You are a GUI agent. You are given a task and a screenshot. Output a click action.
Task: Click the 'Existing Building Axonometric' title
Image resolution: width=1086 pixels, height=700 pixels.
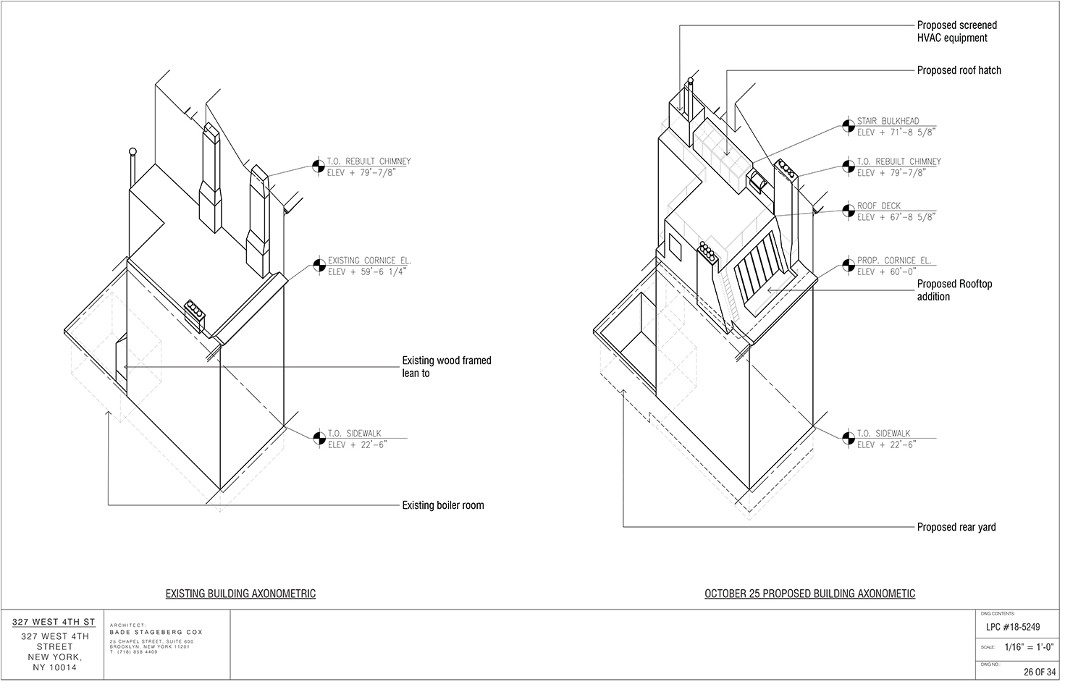point(240,594)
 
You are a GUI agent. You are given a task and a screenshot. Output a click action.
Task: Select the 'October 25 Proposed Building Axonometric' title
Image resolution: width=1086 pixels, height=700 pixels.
point(809,594)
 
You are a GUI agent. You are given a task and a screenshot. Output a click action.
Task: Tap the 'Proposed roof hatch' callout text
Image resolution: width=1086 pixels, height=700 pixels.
point(959,70)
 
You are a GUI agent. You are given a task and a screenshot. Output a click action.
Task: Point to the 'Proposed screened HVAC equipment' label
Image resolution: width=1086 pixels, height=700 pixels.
point(956,31)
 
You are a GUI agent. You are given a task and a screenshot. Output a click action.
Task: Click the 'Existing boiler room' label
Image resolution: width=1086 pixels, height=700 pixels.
point(443,505)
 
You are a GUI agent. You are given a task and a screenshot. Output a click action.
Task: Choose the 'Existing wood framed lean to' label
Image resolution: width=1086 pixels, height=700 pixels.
point(446,366)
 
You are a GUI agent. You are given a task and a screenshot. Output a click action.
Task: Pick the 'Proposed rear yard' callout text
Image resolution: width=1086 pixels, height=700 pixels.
point(956,527)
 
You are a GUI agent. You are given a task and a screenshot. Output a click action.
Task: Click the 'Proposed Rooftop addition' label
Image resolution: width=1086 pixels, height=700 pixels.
point(954,290)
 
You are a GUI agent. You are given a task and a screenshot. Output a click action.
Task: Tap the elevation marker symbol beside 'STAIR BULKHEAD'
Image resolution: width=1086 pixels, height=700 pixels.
point(847,126)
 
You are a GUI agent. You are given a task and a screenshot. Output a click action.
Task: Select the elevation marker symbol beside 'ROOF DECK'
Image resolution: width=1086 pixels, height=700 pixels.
point(847,211)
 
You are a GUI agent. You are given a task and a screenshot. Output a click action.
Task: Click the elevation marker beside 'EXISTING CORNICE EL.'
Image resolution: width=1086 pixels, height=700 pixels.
point(318,266)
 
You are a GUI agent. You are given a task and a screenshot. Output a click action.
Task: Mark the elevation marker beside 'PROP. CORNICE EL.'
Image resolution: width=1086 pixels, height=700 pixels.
point(847,266)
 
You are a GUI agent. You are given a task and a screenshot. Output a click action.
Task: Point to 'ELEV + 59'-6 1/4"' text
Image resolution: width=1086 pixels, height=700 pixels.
point(368,272)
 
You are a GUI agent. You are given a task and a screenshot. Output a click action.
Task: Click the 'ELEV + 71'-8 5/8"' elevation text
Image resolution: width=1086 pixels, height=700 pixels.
point(896,132)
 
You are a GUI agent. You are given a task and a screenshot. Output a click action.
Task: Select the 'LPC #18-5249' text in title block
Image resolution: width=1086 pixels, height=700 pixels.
point(1013,628)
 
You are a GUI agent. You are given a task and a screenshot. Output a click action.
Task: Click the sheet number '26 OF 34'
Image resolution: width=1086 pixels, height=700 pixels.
point(1040,672)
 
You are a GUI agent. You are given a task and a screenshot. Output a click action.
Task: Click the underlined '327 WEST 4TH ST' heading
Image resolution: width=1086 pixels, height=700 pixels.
point(54,622)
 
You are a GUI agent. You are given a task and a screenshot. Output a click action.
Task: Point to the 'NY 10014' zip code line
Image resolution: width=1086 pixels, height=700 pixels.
point(54,668)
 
